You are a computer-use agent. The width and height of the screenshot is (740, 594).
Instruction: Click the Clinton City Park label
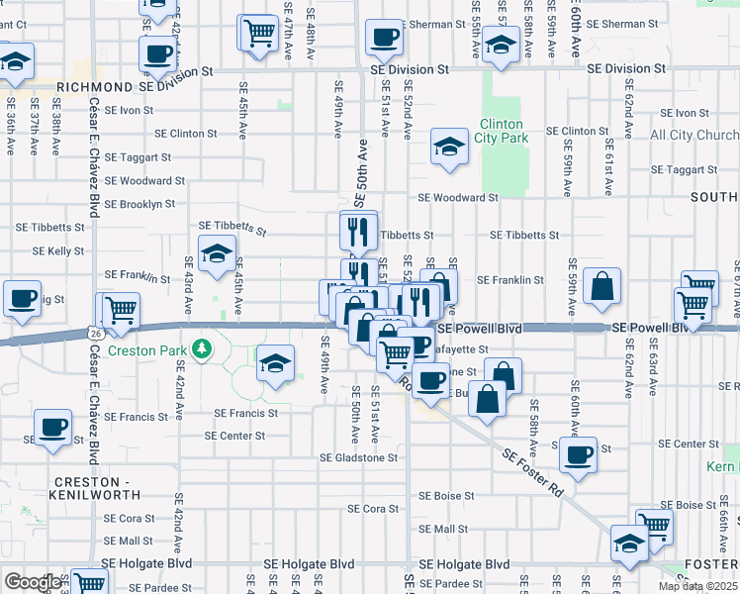pyautogui.click(x=503, y=131)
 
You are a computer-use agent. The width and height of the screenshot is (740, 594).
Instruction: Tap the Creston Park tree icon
pyautogui.click(x=202, y=347)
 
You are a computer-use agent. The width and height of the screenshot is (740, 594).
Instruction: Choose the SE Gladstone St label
pyautogui.click(x=358, y=457)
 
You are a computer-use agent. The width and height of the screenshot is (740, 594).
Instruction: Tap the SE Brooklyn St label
pyautogui.click(x=139, y=204)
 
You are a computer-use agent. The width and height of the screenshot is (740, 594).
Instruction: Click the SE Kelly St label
pyautogui.click(x=57, y=251)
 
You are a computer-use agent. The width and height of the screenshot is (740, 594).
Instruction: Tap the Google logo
pyautogui.click(x=33, y=581)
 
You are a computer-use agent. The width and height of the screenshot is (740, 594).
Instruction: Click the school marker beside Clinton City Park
pyautogui.click(x=449, y=148)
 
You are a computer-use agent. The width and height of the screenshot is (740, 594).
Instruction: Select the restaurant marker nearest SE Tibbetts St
pyautogui.click(x=358, y=231)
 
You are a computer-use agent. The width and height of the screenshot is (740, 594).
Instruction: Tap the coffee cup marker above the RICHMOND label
pyautogui.click(x=156, y=52)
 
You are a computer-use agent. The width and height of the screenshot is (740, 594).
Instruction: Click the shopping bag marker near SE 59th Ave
pyautogui.click(x=601, y=287)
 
